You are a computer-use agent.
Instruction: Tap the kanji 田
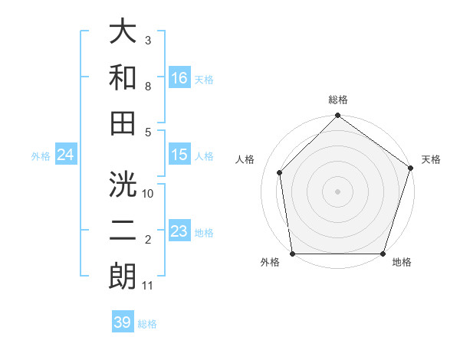pyautogui.click(x=123, y=123)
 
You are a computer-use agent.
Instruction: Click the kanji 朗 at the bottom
pyautogui.click(x=123, y=277)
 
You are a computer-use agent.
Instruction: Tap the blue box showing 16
pyautogui.click(x=179, y=78)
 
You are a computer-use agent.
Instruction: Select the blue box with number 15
pyautogui.click(x=179, y=155)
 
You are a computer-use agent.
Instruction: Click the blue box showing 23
pyautogui.click(x=179, y=231)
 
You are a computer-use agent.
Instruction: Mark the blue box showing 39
pyautogui.click(x=122, y=322)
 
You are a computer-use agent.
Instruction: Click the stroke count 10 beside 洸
pyautogui.click(x=148, y=194)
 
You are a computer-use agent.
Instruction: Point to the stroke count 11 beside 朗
pyautogui.click(x=148, y=286)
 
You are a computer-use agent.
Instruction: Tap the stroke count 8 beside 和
pyautogui.click(x=148, y=86)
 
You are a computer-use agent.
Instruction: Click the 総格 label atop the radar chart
pyautogui.click(x=337, y=100)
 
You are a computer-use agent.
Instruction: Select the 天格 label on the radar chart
pyautogui.click(x=431, y=159)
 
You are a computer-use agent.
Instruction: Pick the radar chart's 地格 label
pyautogui.click(x=402, y=262)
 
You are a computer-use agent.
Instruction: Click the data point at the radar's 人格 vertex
pyautogui.click(x=280, y=172)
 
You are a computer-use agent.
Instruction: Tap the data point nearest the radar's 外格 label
pyautogui.click(x=292, y=254)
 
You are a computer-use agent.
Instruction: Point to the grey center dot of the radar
pyautogui.click(x=337, y=191)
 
